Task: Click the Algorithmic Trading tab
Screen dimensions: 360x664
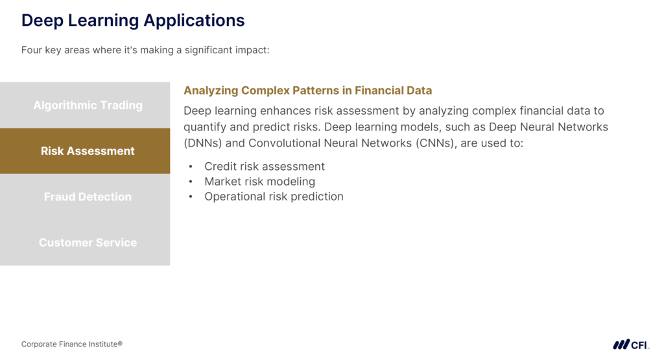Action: pos(88,105)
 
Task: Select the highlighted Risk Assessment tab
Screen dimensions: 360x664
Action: pos(88,151)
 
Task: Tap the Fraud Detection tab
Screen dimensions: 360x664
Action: pos(88,197)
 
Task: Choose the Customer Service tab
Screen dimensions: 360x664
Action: pos(88,243)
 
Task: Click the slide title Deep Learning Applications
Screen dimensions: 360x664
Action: pos(133,20)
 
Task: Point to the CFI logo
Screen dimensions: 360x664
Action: pos(631,344)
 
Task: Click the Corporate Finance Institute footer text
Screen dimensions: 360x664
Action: pos(71,344)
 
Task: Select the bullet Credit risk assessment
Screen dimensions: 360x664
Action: pos(265,167)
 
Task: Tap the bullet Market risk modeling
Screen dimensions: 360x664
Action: pos(259,182)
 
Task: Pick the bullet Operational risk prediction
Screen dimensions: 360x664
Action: pos(274,197)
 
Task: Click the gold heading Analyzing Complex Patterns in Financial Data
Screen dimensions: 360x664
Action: pos(307,91)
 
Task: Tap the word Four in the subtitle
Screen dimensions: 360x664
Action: pos(31,50)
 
